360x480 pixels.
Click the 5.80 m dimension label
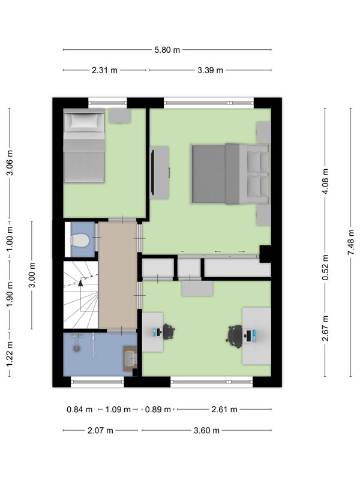pyautogui.click(x=167, y=50)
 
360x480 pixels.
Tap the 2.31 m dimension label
pyautogui.click(x=104, y=70)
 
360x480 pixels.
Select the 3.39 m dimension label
pyautogui.click(x=210, y=70)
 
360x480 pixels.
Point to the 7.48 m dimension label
pyautogui.click(x=351, y=242)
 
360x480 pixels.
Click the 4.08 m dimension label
pyautogui.click(x=325, y=181)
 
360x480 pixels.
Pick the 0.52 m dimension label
pyautogui.click(x=325, y=267)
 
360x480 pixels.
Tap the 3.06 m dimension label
pyautogui.click(x=10, y=163)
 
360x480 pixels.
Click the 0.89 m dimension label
pyautogui.click(x=158, y=410)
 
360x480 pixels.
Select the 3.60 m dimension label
pyautogui.click(x=206, y=431)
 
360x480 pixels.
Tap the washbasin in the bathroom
pyautogui.click(x=130, y=358)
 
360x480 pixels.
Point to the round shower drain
pyautogui.click(x=76, y=348)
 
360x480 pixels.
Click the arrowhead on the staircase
pyautogui.click(x=80, y=283)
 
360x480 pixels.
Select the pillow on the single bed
pyautogui.click(x=85, y=121)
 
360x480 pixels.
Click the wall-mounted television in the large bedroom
pyautogui.click(x=152, y=173)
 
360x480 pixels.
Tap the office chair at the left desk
pyautogui.click(x=169, y=332)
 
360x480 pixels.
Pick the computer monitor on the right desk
pyautogui.click(x=249, y=336)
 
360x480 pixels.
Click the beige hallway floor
pyautogui.click(x=118, y=275)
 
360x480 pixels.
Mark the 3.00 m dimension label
pyautogui.click(x=32, y=275)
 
